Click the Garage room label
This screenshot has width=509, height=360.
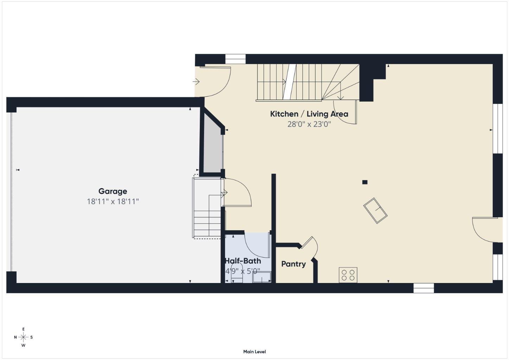113,191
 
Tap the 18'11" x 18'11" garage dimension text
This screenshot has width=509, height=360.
113,201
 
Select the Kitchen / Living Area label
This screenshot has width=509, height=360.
309,114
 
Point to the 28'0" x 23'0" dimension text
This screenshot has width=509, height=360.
309,124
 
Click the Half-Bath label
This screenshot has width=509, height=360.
243,261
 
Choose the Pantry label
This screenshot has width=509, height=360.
293,264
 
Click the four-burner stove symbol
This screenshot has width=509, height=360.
348,275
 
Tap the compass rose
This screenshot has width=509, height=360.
23,337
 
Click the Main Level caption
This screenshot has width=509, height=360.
254,352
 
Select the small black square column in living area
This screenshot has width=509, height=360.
365,182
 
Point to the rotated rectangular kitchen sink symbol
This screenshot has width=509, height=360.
375,211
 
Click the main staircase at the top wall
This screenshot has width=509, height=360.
299,82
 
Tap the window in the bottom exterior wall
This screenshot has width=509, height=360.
423,288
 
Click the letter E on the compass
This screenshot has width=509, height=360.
24,329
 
